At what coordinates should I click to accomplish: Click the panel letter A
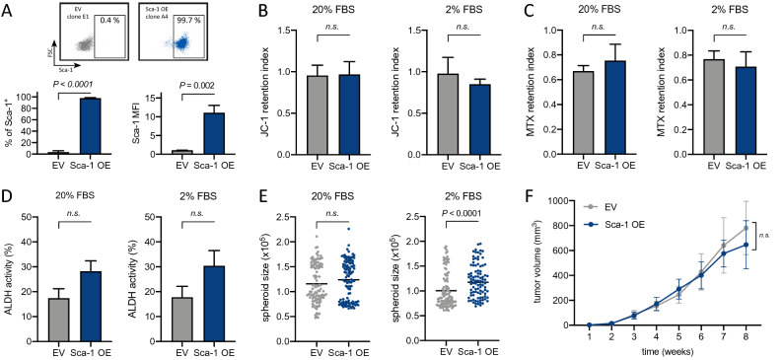[x=9, y=10]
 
